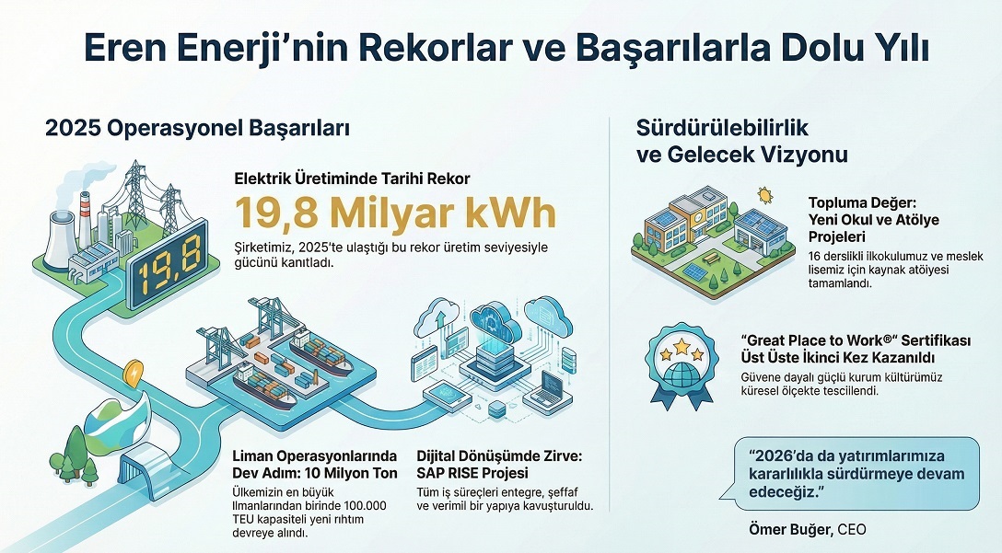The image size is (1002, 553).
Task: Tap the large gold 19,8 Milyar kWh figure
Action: coord(396,213)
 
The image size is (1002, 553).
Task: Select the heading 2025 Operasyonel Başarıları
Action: coord(197,129)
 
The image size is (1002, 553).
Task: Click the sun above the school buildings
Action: coord(763,194)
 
